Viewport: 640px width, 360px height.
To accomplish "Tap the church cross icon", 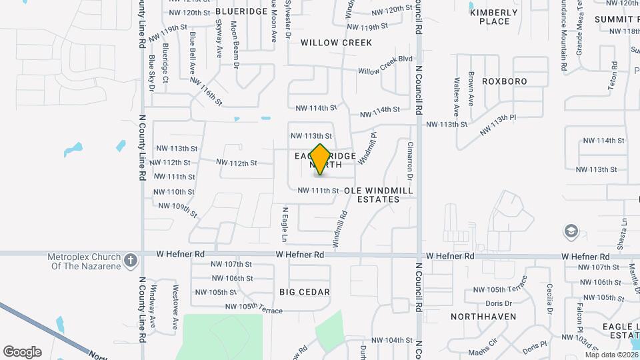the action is click(131, 259).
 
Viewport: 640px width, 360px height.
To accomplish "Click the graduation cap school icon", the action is click(571, 231).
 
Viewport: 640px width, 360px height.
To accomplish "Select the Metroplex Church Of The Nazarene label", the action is click(83, 262).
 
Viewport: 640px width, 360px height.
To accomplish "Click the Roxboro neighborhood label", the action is click(505, 81).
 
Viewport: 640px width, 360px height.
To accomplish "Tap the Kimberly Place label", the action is click(494, 17).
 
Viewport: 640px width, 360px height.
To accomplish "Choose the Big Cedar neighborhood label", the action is click(305, 292).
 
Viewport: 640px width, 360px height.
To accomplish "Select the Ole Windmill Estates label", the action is click(378, 195).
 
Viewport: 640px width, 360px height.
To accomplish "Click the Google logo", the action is click(22, 352).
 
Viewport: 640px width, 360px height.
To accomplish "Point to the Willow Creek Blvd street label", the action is click(385, 65).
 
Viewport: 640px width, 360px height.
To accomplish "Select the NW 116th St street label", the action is click(205, 91).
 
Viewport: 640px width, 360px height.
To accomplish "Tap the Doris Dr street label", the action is click(499, 303).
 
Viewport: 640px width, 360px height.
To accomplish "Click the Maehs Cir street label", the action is click(483, 347).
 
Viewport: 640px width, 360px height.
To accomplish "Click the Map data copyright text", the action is click(610, 355).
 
